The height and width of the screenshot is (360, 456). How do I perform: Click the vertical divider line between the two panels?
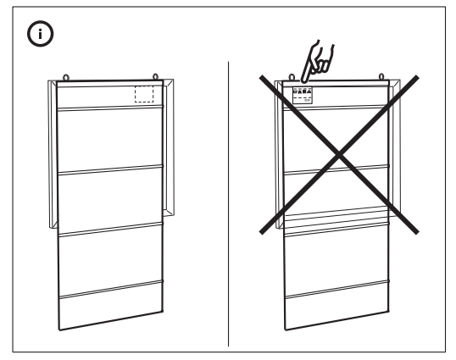coord(229,203)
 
